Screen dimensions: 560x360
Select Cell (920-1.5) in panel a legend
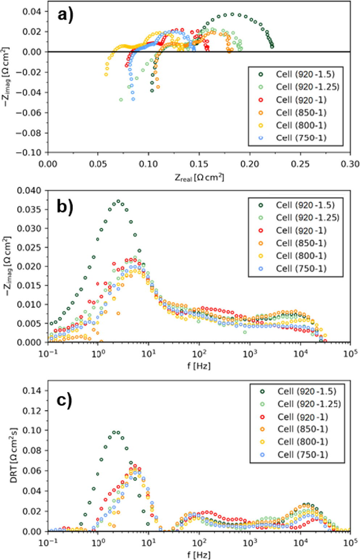click(x=305, y=74)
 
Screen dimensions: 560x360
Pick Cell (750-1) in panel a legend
click(x=301, y=138)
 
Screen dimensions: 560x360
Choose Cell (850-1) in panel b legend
click(x=301, y=243)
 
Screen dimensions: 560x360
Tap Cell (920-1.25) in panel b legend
click(x=307, y=218)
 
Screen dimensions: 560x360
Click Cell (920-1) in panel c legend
click(x=302, y=417)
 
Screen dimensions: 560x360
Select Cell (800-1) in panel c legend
click(x=302, y=442)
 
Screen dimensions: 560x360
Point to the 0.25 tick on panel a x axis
click(x=300, y=164)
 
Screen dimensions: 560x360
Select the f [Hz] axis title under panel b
click(x=199, y=366)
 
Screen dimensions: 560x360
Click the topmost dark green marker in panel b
click(x=118, y=201)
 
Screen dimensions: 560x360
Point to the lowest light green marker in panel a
click(x=121, y=100)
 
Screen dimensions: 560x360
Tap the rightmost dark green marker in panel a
click(x=272, y=46)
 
